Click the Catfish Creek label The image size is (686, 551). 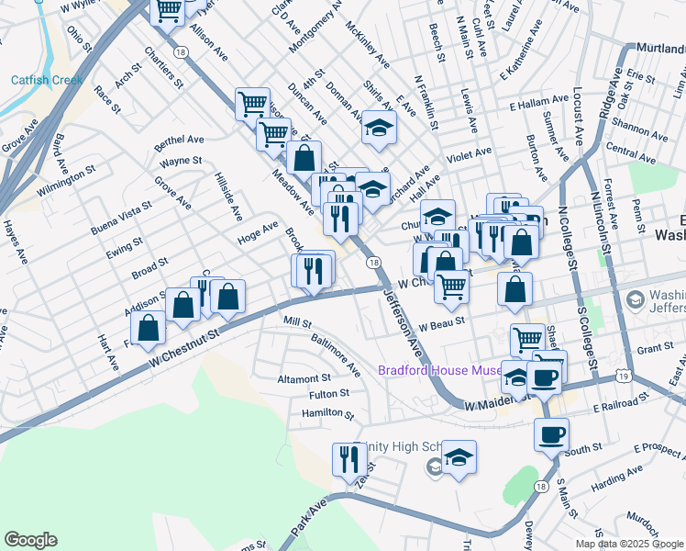[47, 80]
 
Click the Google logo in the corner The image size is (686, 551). [30, 540]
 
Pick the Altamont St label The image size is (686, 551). [304, 377]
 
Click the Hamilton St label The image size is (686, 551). [327, 414]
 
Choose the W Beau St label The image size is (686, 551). [444, 322]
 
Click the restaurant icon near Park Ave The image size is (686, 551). [349, 457]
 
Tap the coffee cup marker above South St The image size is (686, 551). [550, 433]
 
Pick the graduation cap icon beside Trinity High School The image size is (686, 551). [459, 456]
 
